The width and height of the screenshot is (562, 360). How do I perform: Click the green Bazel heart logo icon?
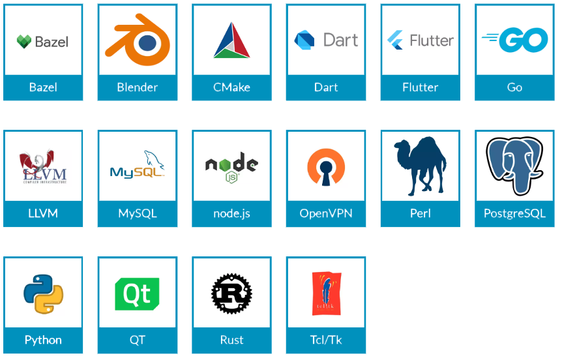click(24, 42)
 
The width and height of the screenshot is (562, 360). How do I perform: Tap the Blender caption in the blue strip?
click(137, 87)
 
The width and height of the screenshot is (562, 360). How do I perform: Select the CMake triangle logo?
click(231, 40)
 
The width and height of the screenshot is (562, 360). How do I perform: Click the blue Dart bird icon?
click(304, 40)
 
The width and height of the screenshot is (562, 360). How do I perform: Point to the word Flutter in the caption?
click(421, 87)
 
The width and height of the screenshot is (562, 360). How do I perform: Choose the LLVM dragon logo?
click(43, 166)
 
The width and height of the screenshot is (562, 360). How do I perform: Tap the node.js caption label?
click(231, 214)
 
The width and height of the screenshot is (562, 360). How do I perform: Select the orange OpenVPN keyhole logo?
click(326, 167)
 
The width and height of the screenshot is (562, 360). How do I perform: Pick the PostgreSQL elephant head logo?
click(514, 165)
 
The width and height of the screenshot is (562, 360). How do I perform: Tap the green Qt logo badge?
click(137, 293)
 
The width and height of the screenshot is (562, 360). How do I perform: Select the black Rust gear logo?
click(231, 293)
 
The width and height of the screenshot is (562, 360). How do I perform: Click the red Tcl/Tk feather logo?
click(326, 292)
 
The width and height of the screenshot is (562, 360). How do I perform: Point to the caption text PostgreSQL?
click(514, 214)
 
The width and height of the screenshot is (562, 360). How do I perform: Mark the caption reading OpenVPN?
click(326, 214)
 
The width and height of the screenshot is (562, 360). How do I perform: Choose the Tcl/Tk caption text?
click(326, 340)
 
